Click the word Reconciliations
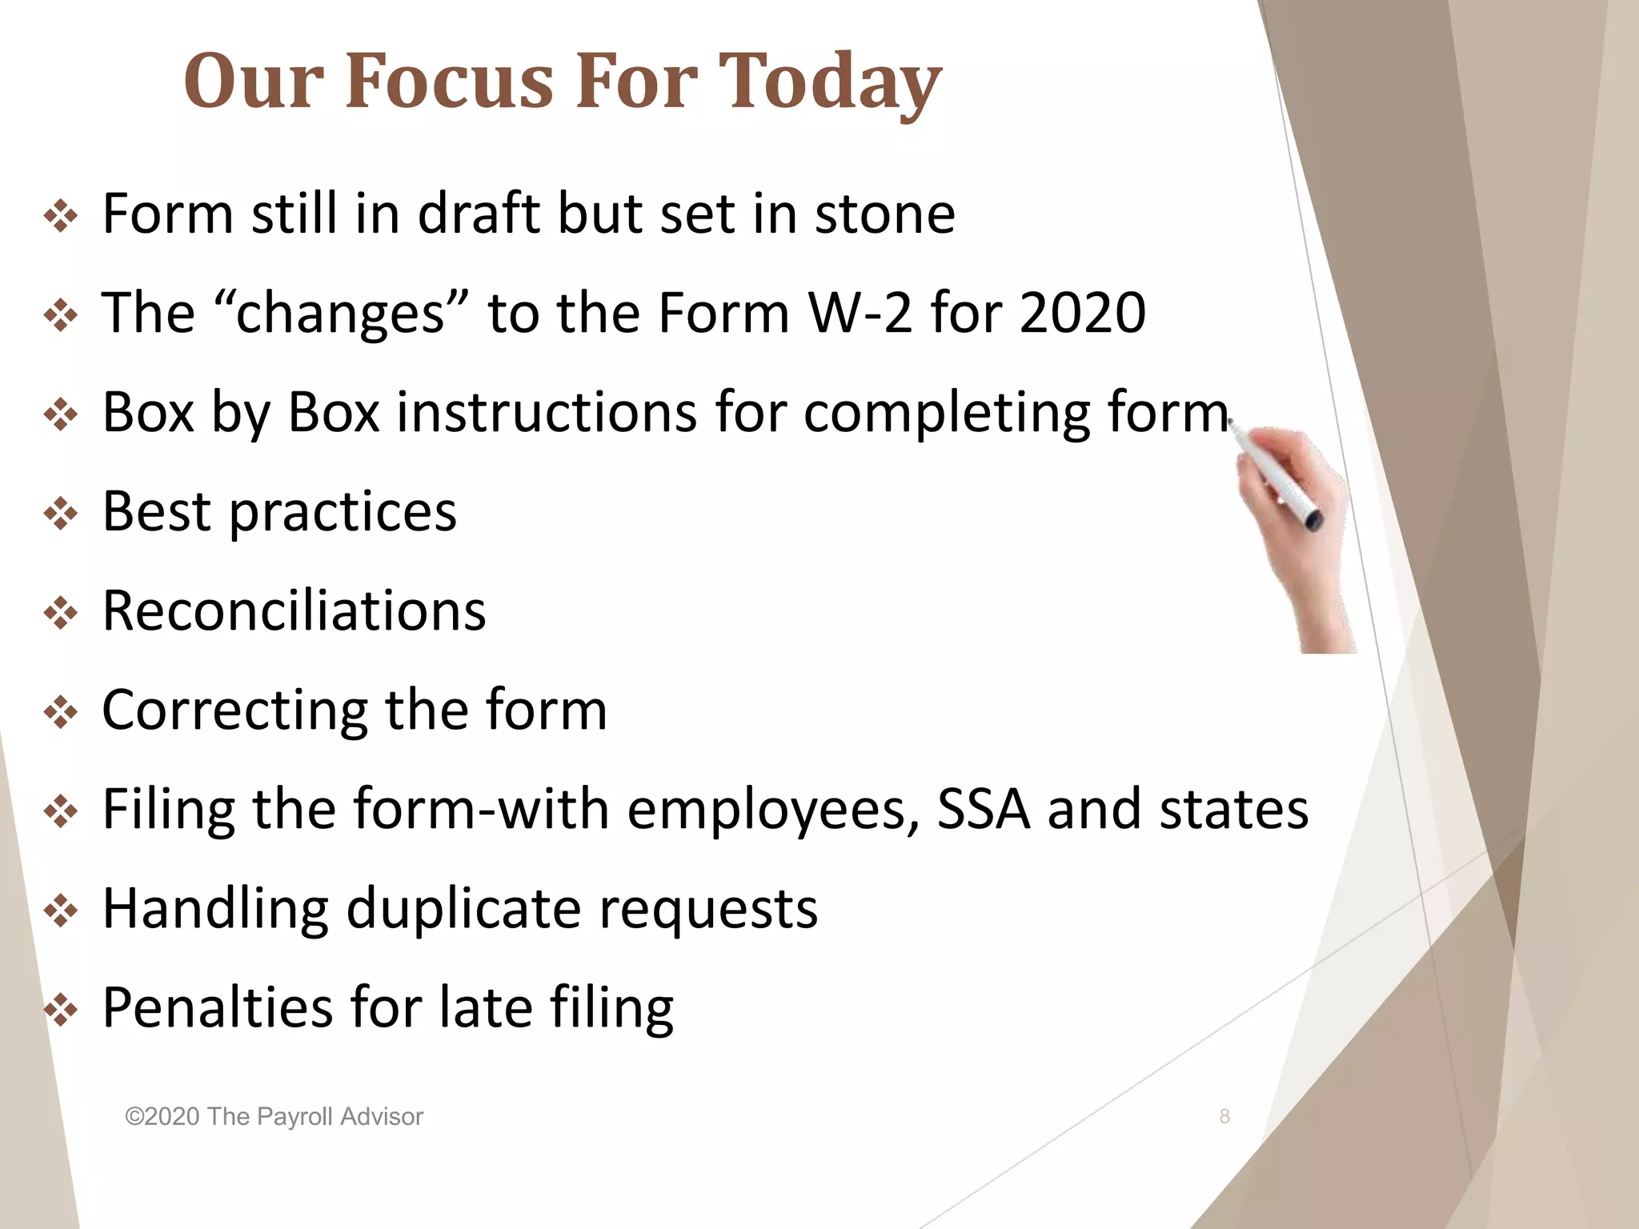[x=294, y=610]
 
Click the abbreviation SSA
[x=984, y=809]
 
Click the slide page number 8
[x=1224, y=1116]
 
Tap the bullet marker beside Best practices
[x=61, y=514]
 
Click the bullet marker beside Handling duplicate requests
[x=61, y=911]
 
